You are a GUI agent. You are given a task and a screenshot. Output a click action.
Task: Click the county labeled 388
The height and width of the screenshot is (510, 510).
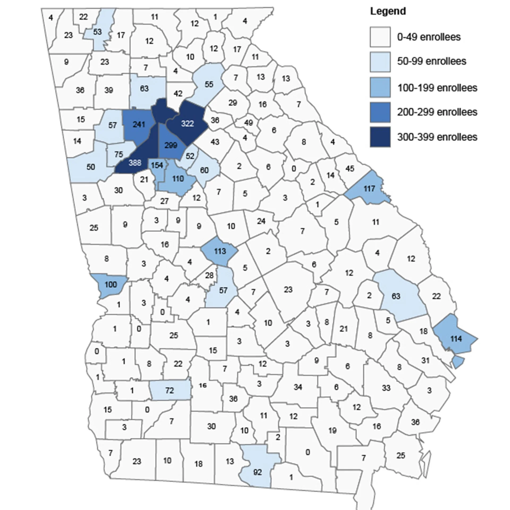(135, 163)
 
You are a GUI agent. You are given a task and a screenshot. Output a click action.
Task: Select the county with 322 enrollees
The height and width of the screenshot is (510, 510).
(188, 124)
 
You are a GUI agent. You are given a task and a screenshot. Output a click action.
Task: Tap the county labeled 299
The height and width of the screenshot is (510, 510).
(171, 145)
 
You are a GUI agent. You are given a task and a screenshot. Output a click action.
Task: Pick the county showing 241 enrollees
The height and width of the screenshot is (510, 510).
(139, 124)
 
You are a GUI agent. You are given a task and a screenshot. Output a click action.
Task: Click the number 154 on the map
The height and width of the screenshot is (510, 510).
(157, 165)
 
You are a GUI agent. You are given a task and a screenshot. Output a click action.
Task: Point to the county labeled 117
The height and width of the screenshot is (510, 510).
(369, 189)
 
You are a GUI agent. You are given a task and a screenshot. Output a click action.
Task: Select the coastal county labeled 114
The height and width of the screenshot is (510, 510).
(456, 339)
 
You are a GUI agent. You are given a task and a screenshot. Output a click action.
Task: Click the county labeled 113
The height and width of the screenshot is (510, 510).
(220, 251)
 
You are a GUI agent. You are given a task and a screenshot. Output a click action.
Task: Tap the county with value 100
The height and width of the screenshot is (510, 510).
(110, 284)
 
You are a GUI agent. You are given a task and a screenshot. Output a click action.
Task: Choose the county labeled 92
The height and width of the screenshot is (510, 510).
(257, 472)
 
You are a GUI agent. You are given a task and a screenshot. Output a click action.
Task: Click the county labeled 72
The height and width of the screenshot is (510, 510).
(169, 390)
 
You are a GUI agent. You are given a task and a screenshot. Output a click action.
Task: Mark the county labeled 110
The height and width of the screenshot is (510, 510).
(178, 178)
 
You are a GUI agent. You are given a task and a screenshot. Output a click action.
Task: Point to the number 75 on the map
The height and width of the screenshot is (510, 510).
(119, 154)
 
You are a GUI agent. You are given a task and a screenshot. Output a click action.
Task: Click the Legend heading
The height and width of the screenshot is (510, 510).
(388, 11)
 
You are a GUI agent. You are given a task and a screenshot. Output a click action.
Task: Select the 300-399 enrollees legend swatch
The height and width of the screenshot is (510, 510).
(380, 137)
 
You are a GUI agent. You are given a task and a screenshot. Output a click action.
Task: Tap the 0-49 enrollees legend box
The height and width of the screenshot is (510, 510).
(380, 37)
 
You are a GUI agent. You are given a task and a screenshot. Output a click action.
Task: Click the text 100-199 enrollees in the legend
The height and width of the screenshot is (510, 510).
(437, 88)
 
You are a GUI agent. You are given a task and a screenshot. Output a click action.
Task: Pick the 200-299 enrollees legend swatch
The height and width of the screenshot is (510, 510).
(380, 112)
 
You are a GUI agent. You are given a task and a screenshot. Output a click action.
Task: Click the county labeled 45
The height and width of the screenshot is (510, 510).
(350, 168)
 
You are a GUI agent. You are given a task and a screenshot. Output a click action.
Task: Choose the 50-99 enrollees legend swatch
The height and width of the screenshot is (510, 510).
(380, 62)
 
